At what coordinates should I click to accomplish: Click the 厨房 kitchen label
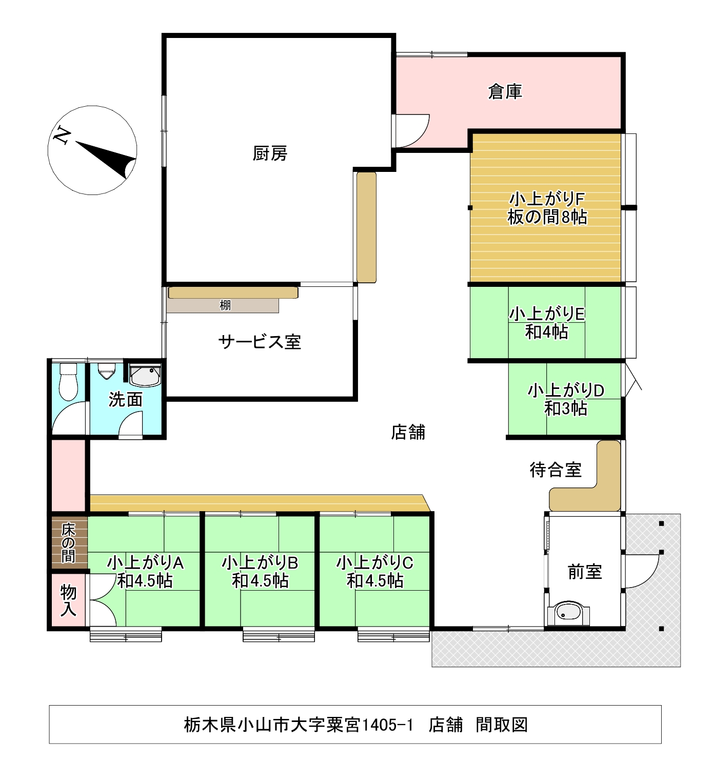pos(270,153)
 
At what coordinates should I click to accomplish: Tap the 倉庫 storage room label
pos(505,92)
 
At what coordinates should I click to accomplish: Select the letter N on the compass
pos(62,135)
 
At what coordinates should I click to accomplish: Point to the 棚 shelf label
pos(225,305)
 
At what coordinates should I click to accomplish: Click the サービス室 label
pos(260,342)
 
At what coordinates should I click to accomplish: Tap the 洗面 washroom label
pos(126,400)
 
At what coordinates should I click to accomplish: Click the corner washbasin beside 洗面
pos(145,376)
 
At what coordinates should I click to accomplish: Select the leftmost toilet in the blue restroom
pos(68,381)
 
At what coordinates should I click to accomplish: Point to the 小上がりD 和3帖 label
pos(566,399)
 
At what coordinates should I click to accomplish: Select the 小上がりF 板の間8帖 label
pos(547,208)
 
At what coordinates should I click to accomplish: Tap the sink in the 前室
pos(568,612)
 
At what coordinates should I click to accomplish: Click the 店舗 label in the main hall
pos(408,432)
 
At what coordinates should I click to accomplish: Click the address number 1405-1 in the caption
pos(387,725)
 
